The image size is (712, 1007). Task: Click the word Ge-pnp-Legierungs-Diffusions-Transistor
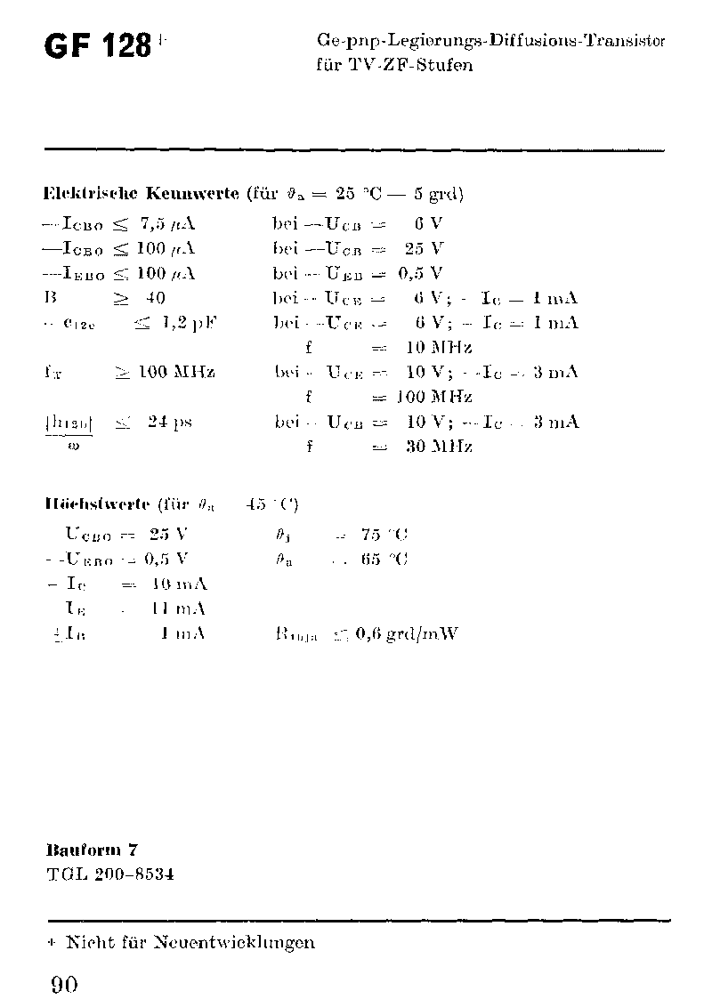coord(490,41)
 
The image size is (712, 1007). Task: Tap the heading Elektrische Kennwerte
coord(141,193)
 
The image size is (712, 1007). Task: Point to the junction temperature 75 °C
coord(384,535)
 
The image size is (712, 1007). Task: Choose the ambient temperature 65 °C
coord(384,560)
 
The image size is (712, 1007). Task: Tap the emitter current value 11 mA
coord(179,609)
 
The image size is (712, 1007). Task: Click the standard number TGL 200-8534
coord(109,874)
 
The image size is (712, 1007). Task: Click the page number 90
coord(64,985)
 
